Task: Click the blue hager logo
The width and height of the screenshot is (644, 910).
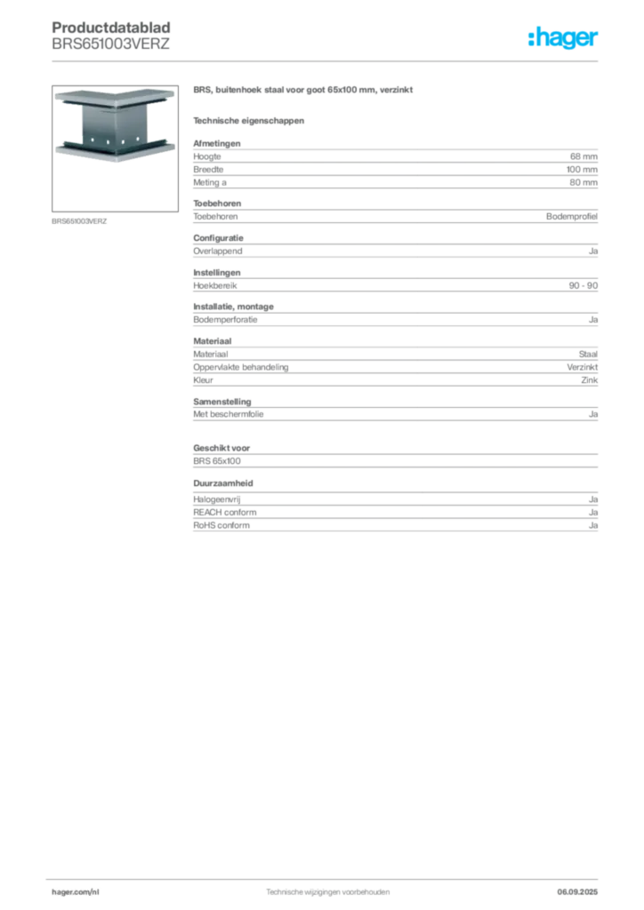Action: [x=564, y=39]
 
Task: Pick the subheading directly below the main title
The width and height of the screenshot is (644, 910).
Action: [x=249, y=120]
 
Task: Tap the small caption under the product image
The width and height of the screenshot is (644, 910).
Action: [x=81, y=220]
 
